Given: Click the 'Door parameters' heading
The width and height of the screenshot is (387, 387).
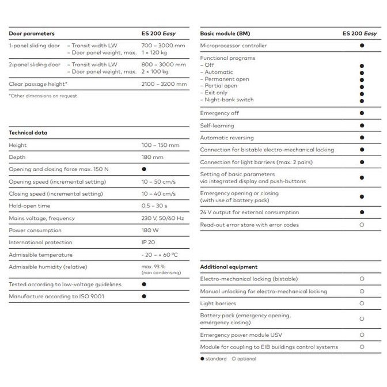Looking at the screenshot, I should pos(32,33).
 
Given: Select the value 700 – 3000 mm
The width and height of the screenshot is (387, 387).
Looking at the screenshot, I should pos(164,45).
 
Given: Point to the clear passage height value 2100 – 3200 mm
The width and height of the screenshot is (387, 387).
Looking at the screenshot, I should pos(164,84).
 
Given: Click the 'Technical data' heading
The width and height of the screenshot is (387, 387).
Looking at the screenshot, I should pos(28,132).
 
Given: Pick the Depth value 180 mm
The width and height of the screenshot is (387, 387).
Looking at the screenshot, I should pos(153,157).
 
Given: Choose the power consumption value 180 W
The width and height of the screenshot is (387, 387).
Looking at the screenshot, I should pos(151,230).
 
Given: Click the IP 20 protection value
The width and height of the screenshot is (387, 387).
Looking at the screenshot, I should pos(149,242).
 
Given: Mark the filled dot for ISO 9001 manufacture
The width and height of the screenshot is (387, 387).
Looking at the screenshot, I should pos(144,296).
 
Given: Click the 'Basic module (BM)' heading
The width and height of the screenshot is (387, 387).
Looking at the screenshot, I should pos(224,33).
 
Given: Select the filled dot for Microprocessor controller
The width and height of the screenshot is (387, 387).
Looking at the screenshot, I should pos(362,45).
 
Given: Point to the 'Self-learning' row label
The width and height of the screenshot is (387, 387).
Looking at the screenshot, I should pos(217,126).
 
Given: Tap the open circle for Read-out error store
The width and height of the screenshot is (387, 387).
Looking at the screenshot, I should pos(362,225).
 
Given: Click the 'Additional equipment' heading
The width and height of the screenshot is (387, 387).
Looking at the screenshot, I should pos(229,267).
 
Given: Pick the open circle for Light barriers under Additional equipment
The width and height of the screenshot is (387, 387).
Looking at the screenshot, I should pos(362,303).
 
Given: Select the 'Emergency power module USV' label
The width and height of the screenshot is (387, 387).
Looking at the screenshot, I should pos(241,335).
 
